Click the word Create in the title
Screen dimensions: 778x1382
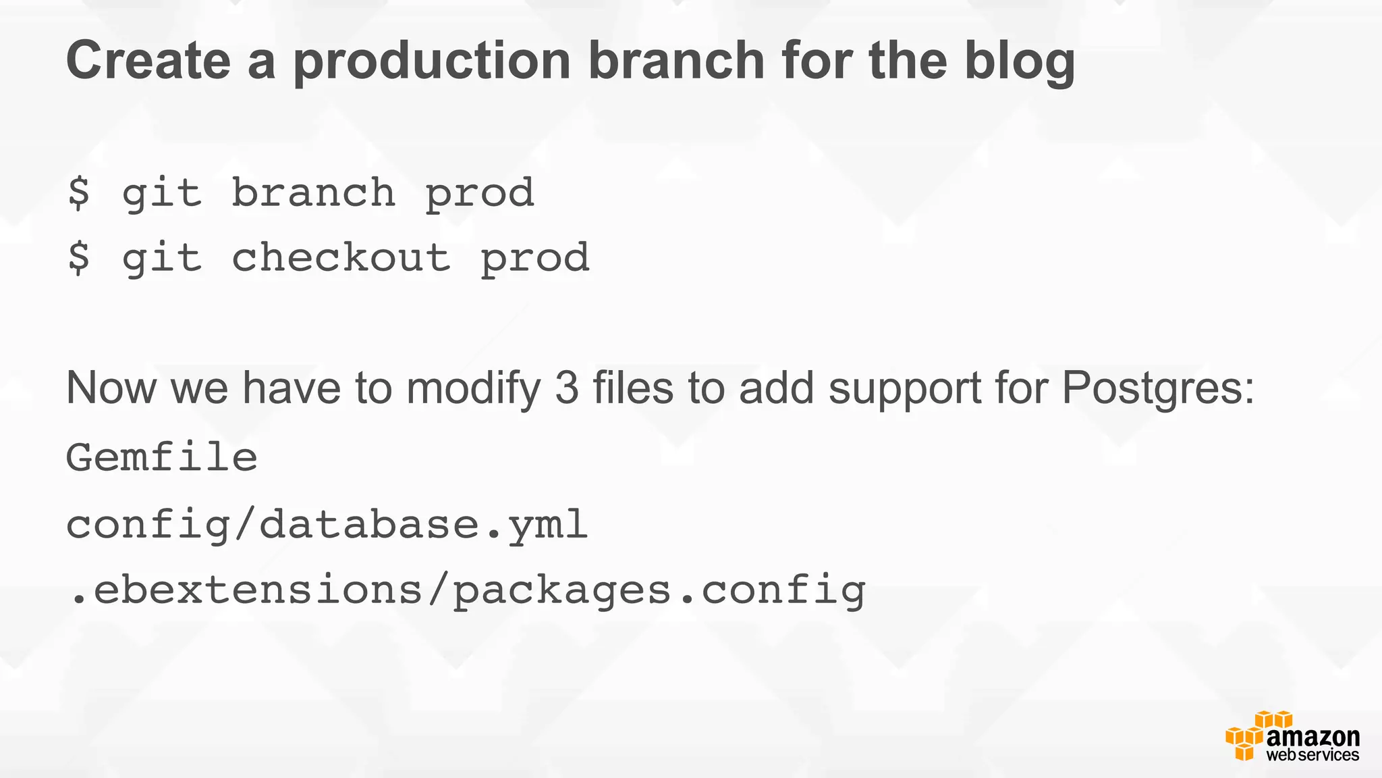148,61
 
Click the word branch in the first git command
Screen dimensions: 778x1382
313,193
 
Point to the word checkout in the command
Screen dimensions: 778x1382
341,258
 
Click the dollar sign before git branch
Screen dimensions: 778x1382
78,193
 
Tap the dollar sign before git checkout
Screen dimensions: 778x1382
78,258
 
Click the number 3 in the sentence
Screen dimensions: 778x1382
567,388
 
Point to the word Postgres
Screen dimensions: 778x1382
1157,390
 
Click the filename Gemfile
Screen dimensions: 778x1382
162,457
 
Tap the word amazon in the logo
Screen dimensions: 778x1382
1312,737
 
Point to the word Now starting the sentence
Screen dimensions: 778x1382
111,388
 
